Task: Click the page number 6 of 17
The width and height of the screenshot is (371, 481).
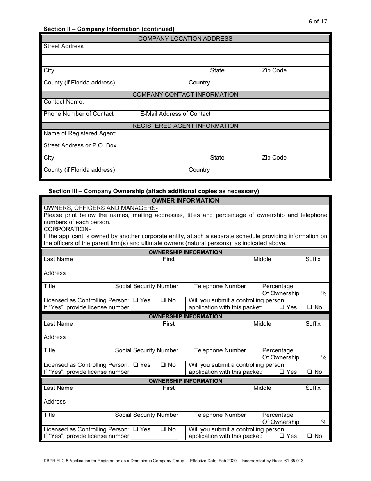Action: (x=317, y=22)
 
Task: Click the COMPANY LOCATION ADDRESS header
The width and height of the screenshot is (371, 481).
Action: (x=185, y=39)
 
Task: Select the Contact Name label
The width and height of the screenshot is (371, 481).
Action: (x=64, y=102)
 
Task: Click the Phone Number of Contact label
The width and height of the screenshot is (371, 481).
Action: (x=78, y=114)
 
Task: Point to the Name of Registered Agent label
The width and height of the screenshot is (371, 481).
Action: (x=80, y=133)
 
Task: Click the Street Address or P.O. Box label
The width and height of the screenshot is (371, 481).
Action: (x=80, y=145)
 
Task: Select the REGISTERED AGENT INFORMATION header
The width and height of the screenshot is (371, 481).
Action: (x=185, y=126)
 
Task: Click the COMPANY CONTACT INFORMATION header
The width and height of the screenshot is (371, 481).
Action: (x=185, y=95)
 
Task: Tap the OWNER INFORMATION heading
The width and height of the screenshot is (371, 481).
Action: (x=185, y=201)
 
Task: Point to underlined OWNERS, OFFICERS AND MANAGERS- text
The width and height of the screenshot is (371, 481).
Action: (x=100, y=208)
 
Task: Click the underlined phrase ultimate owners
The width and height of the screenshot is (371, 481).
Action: (x=162, y=243)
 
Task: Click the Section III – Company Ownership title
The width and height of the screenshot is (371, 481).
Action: (x=153, y=191)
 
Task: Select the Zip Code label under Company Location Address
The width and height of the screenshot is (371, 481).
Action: (x=274, y=70)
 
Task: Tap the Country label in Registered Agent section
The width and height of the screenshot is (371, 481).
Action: (x=199, y=170)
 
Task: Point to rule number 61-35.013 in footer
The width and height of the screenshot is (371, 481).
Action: (x=291, y=461)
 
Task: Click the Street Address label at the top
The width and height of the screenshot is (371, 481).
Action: (x=63, y=46)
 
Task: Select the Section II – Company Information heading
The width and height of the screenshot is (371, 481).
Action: (x=109, y=29)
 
